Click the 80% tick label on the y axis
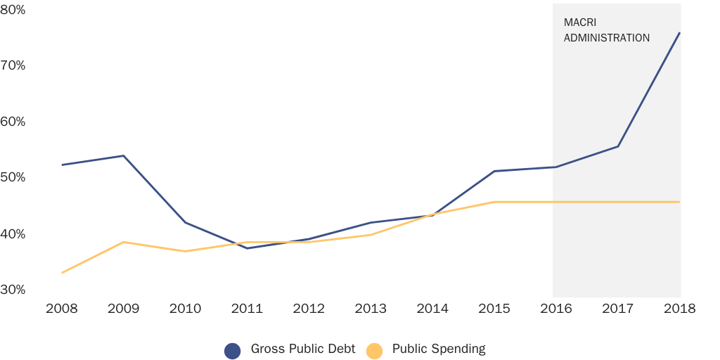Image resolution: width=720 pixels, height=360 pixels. pos(13,9)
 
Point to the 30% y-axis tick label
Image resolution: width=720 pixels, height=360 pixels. pos(13,290)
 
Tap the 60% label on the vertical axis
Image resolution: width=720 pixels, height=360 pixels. pos(13,122)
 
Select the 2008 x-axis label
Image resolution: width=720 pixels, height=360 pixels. pos(62,309)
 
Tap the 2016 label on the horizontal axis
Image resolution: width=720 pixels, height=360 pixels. pos(555,309)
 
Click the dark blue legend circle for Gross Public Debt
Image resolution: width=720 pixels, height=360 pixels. pos(233,350)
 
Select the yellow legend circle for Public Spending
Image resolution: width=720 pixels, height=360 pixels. pos(375,350)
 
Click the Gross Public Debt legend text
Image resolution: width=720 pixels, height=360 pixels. pos(303,349)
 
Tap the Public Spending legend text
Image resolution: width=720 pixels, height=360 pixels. pos(439,349)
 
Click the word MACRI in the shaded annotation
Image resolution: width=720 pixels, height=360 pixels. pos(579,22)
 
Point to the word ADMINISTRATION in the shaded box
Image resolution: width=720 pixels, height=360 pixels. pos(607,38)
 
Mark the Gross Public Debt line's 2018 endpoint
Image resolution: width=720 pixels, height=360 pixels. pos(679,32)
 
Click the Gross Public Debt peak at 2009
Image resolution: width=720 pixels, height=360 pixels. pos(124,155)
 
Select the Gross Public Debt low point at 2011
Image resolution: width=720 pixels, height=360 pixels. pos(247,248)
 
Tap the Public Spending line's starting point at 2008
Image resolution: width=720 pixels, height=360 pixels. pos(62,273)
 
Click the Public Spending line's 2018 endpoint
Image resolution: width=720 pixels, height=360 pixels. pos(679,202)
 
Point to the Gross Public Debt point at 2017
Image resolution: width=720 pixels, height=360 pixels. pos(617,146)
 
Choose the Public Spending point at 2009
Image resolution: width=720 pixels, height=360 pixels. pos(124,242)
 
